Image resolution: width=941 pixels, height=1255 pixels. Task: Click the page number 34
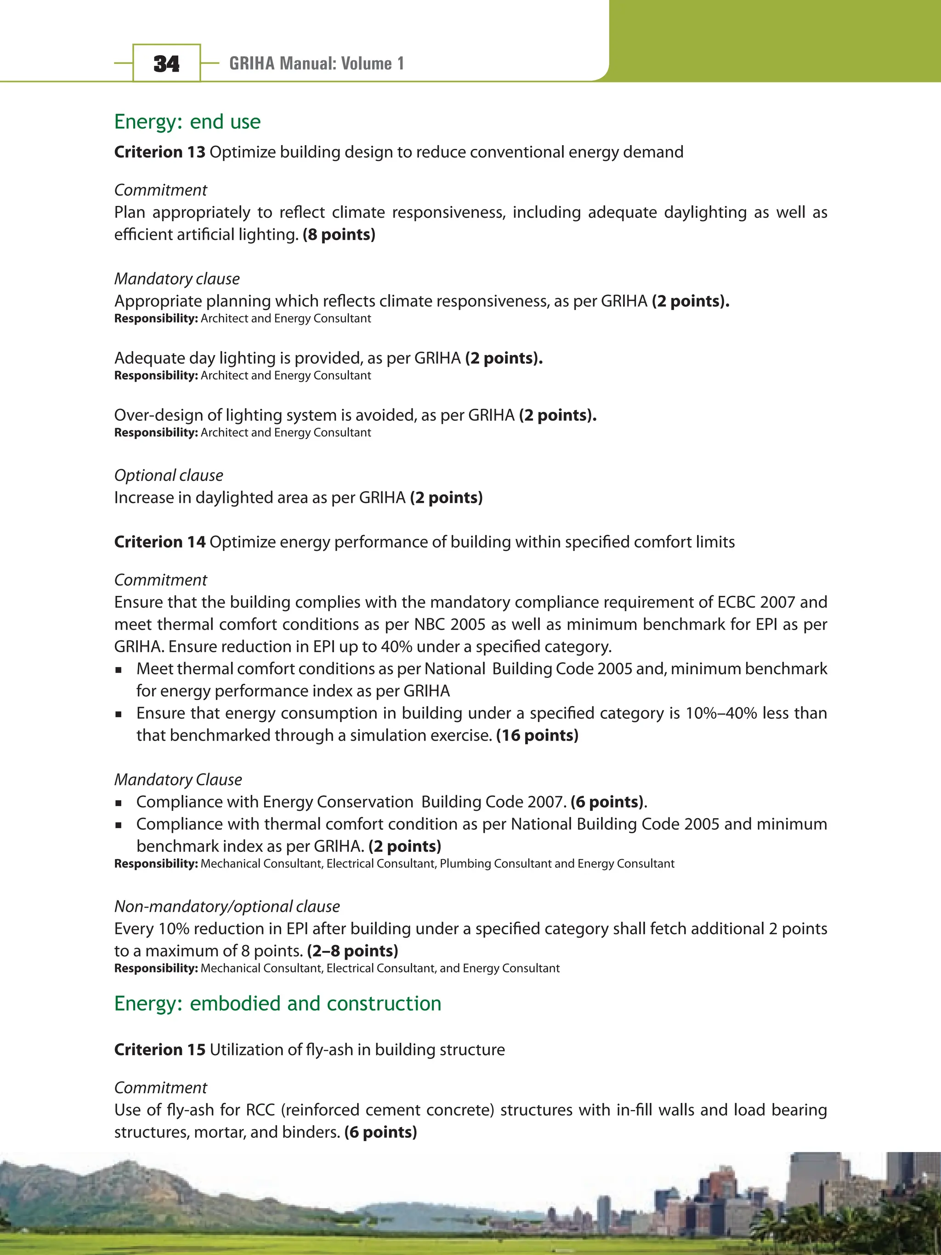pyautogui.click(x=166, y=63)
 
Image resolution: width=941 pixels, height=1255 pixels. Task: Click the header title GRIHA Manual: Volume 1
pyautogui.click(x=316, y=63)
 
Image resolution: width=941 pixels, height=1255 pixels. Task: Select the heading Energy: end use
pyautogui.click(x=187, y=121)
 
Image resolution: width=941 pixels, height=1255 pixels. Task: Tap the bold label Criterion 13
pyautogui.click(x=159, y=152)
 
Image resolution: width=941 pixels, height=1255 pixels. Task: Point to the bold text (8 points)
pyautogui.click(x=339, y=234)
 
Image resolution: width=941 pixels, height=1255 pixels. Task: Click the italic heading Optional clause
pyautogui.click(x=169, y=475)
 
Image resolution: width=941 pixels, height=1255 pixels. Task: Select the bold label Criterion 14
pyautogui.click(x=159, y=542)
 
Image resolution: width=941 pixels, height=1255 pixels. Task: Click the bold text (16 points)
pyautogui.click(x=537, y=735)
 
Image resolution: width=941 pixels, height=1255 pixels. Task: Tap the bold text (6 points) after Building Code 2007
pyautogui.click(x=607, y=802)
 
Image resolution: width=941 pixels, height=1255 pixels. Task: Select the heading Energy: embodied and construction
pyautogui.click(x=278, y=1004)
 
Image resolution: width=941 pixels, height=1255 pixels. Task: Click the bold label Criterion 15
pyautogui.click(x=159, y=1050)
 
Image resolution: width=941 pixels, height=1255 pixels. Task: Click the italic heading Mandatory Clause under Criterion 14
pyautogui.click(x=178, y=780)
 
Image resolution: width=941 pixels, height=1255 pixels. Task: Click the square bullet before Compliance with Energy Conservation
pyautogui.click(x=119, y=803)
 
